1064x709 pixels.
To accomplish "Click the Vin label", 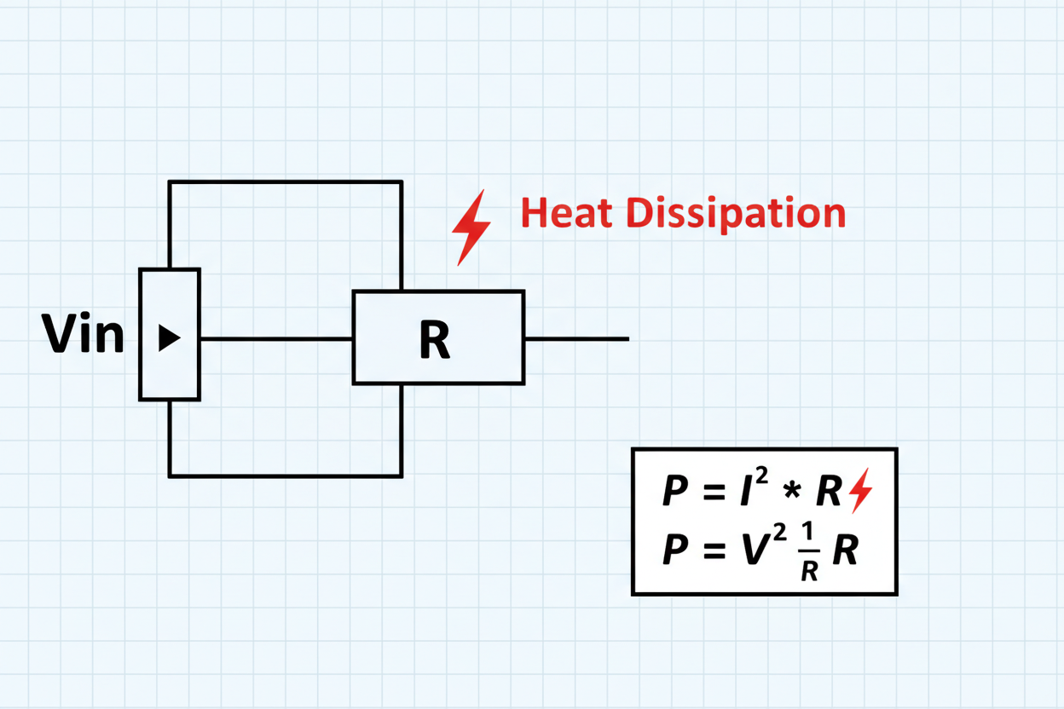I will point(83,334).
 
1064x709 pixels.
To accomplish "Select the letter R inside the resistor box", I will point(435,340).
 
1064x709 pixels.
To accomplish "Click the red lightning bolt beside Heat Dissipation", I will point(470,227).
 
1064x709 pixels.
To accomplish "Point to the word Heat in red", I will point(567,213).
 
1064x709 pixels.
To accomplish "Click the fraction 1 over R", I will point(809,553).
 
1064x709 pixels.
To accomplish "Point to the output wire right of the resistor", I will point(576,339).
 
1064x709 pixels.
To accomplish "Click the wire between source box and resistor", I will point(276,339).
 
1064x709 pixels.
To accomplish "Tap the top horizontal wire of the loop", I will point(285,182).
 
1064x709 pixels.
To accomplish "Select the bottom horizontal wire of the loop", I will point(285,476).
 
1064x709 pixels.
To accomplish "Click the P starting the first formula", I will point(675,493).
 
